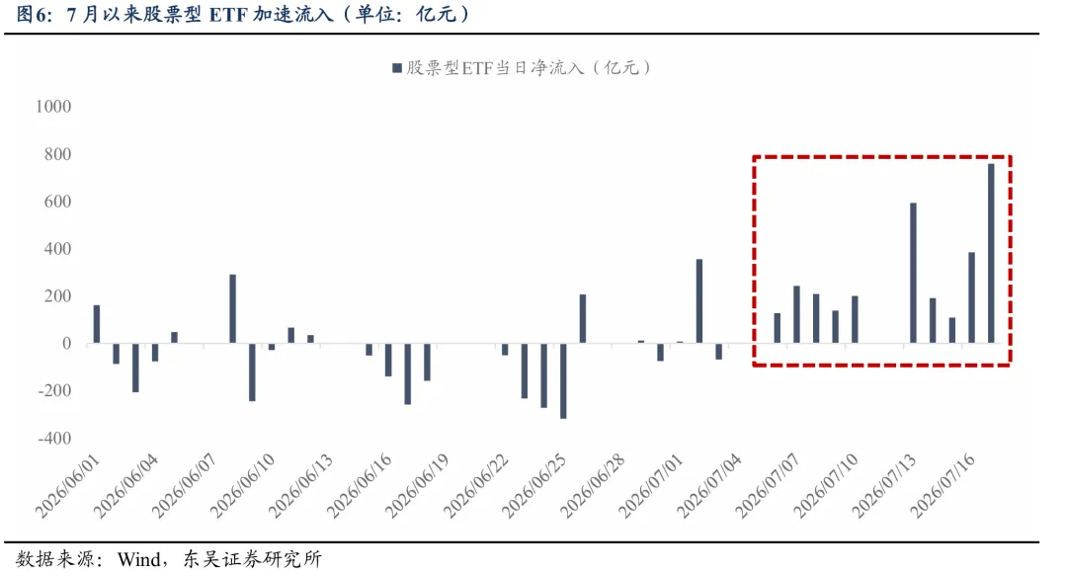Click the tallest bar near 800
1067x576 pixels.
991,253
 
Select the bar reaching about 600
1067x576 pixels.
913,273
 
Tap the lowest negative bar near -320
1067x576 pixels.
563,380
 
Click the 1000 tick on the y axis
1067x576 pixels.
53,107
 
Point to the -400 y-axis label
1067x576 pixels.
54,439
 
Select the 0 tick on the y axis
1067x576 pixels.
67,344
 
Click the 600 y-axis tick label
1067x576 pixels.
58,202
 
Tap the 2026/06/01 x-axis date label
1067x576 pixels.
68,486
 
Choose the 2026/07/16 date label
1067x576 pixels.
944,486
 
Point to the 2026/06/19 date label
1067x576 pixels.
418,486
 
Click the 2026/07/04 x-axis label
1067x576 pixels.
709,486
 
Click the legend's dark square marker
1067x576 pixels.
397,68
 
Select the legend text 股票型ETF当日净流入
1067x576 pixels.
495,68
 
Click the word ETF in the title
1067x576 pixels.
228,14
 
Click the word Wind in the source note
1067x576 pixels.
139,559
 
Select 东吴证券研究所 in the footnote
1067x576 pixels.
252,559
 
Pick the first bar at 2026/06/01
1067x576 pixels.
97,324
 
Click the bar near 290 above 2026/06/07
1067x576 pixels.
233,309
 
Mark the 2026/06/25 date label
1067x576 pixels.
534,486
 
